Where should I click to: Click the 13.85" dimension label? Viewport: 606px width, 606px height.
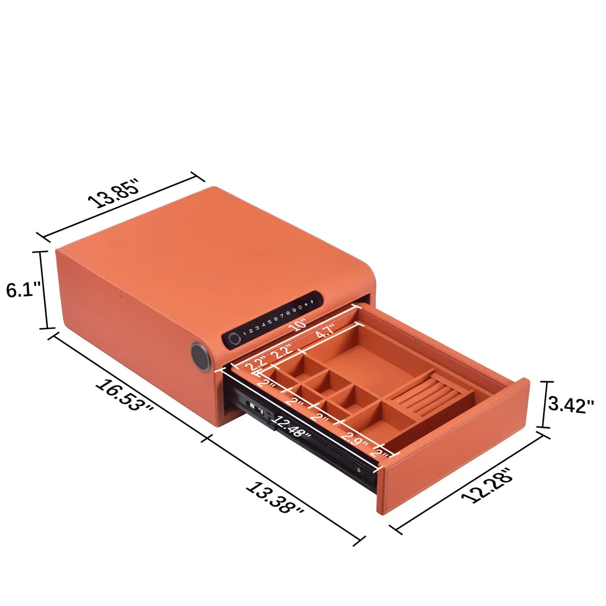tap(113, 194)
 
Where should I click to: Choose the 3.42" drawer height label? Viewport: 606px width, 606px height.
tap(571, 405)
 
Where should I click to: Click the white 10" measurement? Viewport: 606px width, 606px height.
tap(297, 325)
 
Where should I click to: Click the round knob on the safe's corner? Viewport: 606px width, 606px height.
tap(201, 357)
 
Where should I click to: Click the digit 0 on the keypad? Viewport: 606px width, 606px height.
tap(300, 308)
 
